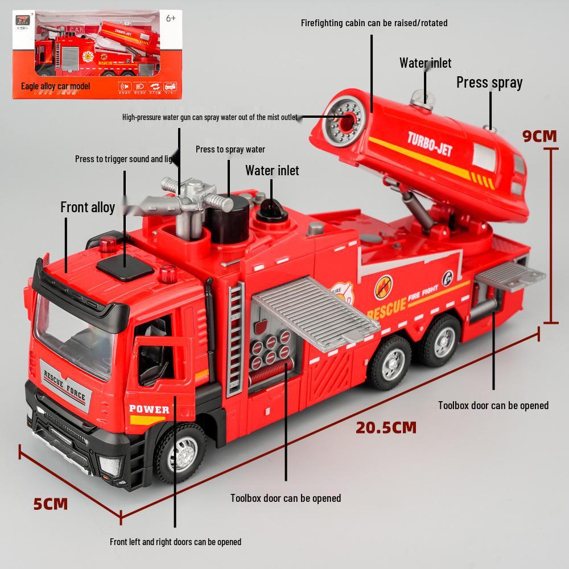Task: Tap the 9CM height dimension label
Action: tap(539, 135)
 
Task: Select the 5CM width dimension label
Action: tap(50, 504)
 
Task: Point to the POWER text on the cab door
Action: tap(149, 409)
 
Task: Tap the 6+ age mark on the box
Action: tap(170, 18)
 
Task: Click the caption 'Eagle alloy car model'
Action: tap(55, 86)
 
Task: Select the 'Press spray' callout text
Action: tap(489, 83)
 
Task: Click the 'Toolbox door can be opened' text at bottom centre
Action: tap(285, 498)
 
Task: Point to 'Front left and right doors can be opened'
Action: tap(175, 542)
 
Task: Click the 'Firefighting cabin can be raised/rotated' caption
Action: tap(374, 23)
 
